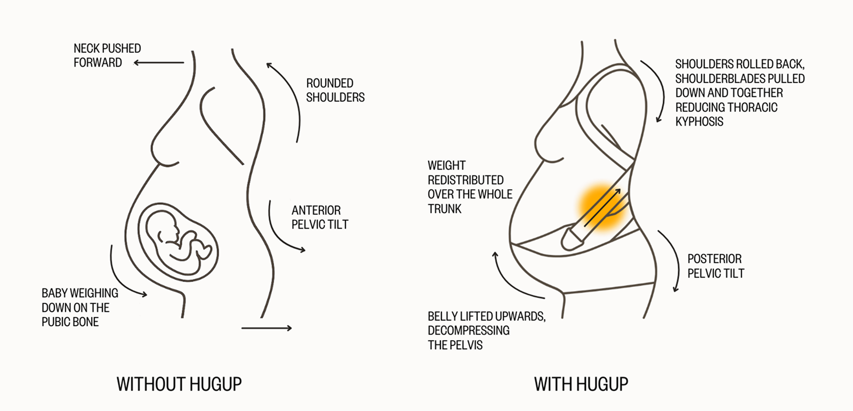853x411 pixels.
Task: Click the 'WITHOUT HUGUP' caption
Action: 179,384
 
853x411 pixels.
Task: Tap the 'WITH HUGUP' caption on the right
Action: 581,384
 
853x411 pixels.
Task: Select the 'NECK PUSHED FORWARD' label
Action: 107,55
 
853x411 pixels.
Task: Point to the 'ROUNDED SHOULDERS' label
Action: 335,90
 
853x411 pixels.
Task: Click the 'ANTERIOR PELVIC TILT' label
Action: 320,217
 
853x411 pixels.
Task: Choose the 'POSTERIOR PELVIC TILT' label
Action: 715,266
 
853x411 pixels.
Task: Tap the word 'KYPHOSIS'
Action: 699,122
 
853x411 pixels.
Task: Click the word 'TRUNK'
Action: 445,209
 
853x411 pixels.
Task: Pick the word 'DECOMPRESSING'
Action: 469,331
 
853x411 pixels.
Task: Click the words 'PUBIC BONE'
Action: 70,322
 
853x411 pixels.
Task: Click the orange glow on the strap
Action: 602,207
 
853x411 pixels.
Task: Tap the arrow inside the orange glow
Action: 602,207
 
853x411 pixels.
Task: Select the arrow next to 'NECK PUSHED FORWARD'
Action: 159,63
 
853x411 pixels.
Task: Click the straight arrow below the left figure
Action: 267,328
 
